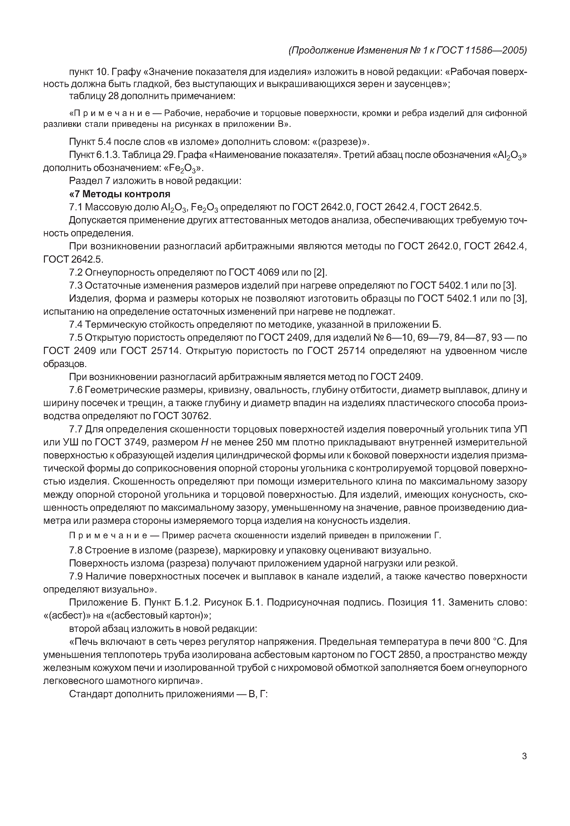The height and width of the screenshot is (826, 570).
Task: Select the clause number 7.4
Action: [76, 325]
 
